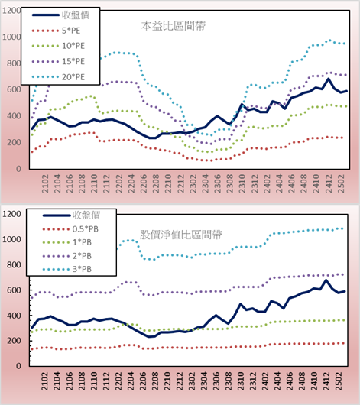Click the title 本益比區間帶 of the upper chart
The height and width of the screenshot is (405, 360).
174,26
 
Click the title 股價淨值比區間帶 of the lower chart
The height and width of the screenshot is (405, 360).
180,235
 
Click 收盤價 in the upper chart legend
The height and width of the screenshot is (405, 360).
76,15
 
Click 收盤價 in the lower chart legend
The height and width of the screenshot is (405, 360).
86,215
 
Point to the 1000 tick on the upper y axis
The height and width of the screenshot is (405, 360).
11,37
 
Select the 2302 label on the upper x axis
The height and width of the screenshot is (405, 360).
193,183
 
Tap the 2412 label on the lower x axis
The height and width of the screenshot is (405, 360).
327,381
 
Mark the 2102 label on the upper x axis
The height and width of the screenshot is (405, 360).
45,183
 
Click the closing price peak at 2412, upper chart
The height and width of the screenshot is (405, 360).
329,79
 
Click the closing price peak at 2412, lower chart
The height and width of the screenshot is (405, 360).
326,280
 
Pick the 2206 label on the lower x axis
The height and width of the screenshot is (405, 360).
143,381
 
